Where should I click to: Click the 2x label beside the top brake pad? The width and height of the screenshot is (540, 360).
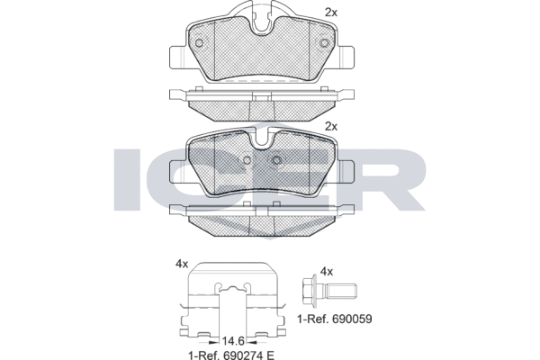click(331, 12)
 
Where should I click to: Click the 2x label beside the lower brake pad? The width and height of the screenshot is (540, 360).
click(331, 126)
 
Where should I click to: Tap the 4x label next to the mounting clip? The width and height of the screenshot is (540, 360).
click(182, 264)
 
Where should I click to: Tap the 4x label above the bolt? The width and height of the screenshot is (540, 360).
click(327, 271)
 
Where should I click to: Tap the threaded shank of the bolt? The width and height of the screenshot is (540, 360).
click(343, 292)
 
